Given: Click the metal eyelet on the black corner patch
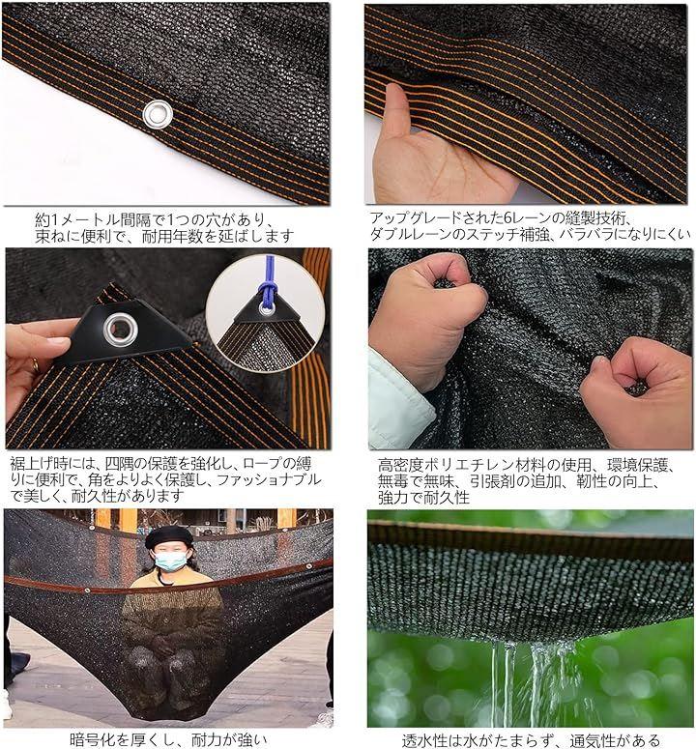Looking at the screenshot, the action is (122, 329).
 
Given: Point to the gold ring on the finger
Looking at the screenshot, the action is (36, 364).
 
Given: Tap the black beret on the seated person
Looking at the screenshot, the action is (168, 537).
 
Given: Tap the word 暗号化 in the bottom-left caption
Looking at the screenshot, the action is (92, 739).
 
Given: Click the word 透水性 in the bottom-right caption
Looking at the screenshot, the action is (424, 740).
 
